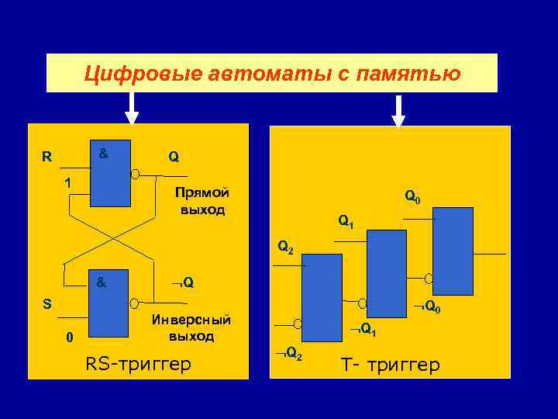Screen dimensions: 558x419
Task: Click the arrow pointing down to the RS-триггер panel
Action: (132, 109)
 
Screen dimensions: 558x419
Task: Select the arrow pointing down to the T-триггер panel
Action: (398, 111)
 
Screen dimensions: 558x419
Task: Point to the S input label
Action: (47, 303)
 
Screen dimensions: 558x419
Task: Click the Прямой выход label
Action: (201, 201)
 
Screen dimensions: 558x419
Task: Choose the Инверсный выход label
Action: (191, 328)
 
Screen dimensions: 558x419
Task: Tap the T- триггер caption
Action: (390, 364)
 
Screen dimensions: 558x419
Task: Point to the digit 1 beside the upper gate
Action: (69, 183)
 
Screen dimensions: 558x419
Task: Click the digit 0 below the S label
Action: (69, 338)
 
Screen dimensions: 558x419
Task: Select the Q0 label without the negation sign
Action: (412, 199)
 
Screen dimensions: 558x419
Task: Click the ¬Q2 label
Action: (289, 355)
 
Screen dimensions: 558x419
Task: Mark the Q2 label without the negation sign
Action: (285, 248)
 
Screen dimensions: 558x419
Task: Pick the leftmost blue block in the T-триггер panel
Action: (322, 298)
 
